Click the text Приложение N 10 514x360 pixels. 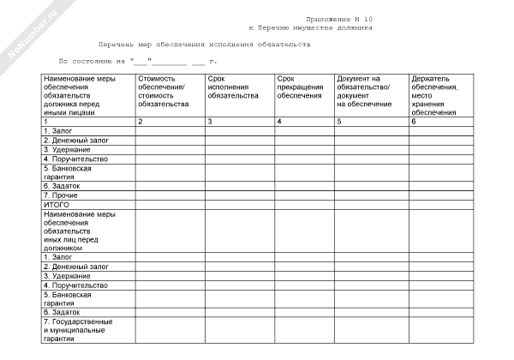pyautogui.click(x=339, y=19)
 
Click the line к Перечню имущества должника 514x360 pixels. pyautogui.click(x=316, y=28)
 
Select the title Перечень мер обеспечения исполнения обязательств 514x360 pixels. pyautogui.click(x=205, y=44)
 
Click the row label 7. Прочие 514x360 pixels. pyautogui.click(x=61, y=195)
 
